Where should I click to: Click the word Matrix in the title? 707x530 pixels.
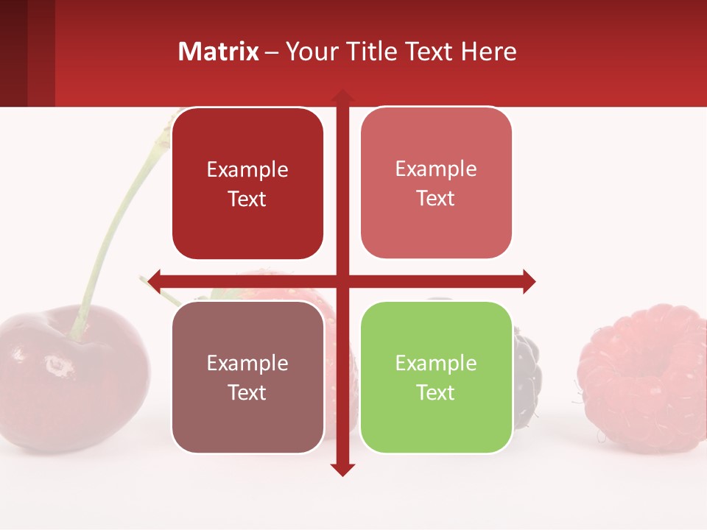coord(219,52)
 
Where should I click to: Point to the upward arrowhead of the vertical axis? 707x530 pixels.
coord(342,96)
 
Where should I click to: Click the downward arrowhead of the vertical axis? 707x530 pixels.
coord(342,469)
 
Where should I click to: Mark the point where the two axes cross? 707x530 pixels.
coord(342,280)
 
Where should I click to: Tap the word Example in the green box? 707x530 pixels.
coord(436,363)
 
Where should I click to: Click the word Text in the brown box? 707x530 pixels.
coord(247,392)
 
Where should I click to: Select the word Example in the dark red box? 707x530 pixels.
coord(247,170)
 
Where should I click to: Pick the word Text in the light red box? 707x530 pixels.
coord(436,199)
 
